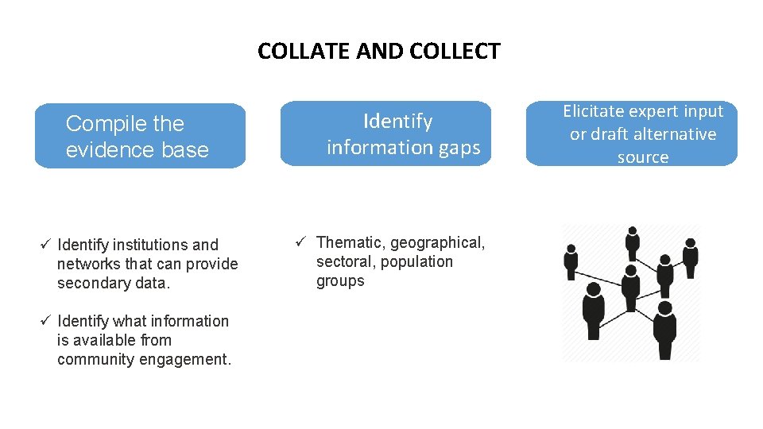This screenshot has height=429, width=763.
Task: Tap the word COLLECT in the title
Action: click(x=455, y=52)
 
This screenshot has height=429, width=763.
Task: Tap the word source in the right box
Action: click(x=642, y=157)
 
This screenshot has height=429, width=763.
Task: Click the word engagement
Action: click(x=190, y=359)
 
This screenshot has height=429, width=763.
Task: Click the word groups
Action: click(x=340, y=280)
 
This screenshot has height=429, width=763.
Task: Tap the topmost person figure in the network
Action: click(x=633, y=242)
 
